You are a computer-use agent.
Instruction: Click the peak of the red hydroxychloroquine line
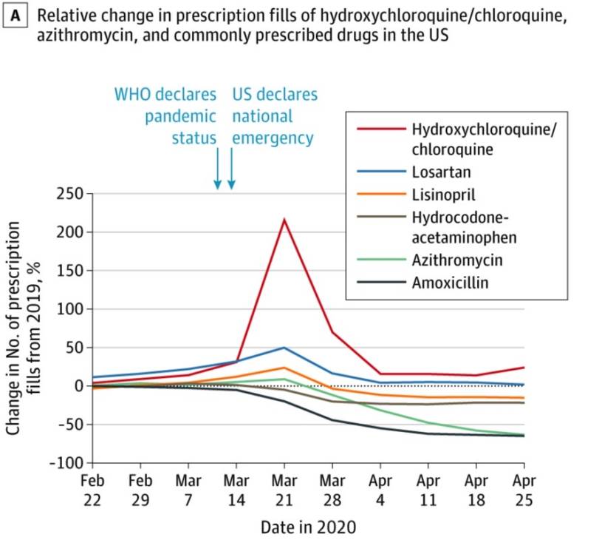284,220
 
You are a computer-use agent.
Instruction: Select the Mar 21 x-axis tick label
284,490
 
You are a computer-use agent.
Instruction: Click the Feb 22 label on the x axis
92,490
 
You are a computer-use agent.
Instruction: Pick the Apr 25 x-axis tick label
524,490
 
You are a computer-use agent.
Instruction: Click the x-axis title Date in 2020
307,527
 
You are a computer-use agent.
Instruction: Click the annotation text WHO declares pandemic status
165,116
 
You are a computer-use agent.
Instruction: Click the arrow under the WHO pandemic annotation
217,169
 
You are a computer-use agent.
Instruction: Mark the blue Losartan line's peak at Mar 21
284,348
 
